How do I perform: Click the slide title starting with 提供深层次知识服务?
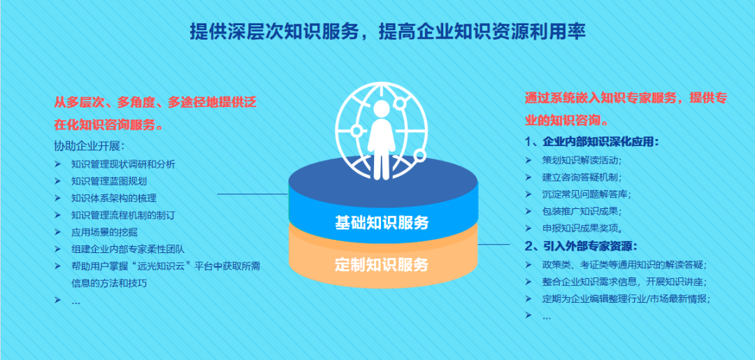click(387, 31)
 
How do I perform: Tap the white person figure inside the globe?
click(382, 136)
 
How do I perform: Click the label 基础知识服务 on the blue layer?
click(382, 223)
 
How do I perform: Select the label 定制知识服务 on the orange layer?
click(382, 265)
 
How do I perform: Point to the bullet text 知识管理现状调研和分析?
click(123, 164)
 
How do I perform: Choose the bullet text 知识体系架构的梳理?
click(113, 198)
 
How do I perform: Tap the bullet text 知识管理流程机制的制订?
click(123, 215)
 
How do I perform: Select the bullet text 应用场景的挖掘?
click(104, 231)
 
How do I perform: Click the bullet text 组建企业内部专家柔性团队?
click(127, 249)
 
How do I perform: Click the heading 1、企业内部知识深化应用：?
click(591, 143)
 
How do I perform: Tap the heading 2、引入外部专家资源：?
click(581, 245)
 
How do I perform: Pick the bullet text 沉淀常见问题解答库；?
click(587, 194)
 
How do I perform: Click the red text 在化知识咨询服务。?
click(110, 126)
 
